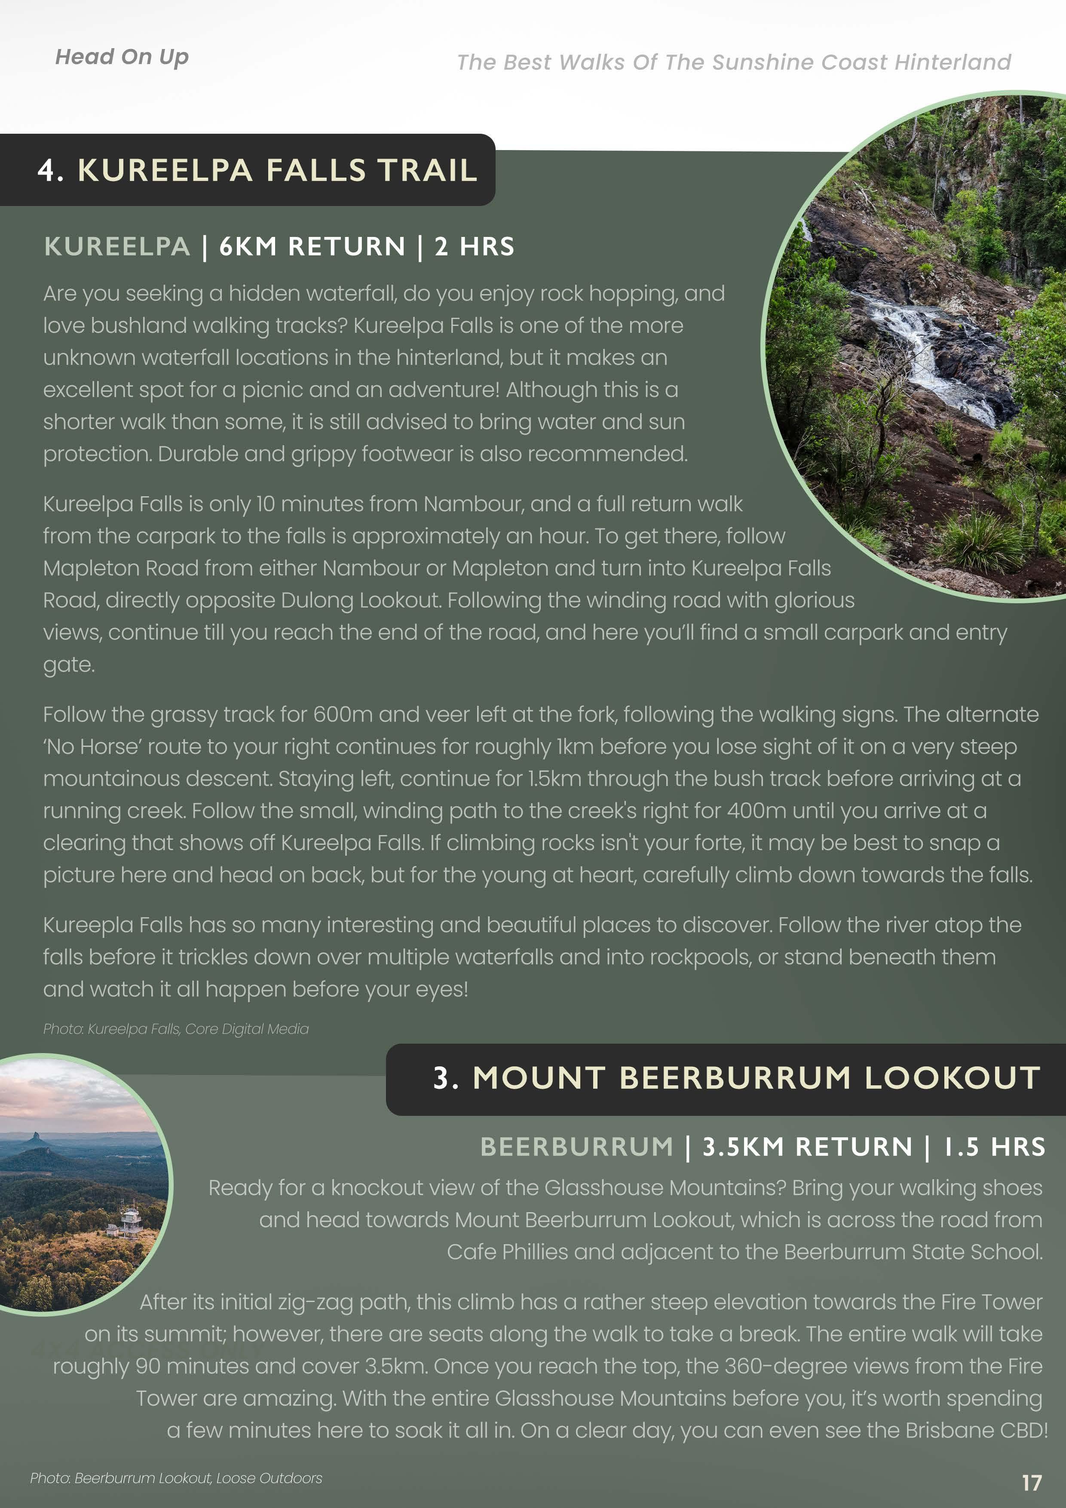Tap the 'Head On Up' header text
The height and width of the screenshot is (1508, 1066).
click(122, 57)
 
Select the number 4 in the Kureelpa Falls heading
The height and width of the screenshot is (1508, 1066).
click(46, 170)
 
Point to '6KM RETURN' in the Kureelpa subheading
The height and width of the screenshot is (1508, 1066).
click(312, 246)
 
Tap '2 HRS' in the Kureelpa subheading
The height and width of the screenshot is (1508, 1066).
click(475, 246)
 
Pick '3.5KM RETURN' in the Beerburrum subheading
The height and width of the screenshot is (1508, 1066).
click(807, 1147)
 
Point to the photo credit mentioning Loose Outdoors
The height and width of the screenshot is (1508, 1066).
click(176, 1478)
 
